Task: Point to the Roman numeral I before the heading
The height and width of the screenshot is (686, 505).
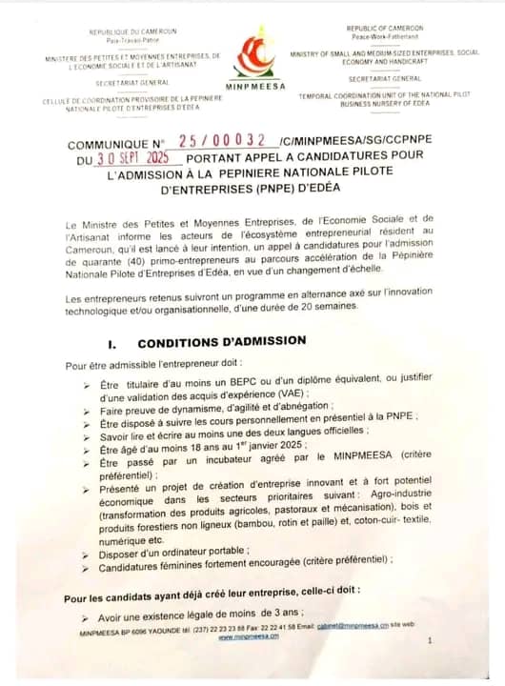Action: click(x=112, y=341)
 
